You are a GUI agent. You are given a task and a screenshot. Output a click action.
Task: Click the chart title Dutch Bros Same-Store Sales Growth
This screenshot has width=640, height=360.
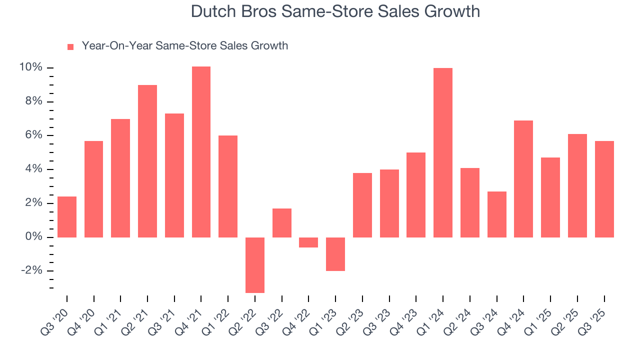coord(335,11)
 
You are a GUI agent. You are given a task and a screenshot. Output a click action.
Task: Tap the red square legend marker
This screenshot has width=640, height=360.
coord(70,46)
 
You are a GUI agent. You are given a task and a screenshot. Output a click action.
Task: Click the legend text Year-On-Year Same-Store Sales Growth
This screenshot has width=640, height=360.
coord(184,46)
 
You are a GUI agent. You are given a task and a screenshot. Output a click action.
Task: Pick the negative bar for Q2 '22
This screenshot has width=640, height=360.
coord(255,264)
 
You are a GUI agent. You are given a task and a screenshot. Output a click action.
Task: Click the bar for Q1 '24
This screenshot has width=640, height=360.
coord(443,152)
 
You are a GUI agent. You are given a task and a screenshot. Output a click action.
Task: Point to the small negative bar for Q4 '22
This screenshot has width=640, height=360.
coord(308,242)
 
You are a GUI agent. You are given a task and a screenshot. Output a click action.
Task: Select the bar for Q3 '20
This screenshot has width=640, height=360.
coord(67,216)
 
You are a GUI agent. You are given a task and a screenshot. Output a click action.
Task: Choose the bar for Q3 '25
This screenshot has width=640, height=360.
coord(604,189)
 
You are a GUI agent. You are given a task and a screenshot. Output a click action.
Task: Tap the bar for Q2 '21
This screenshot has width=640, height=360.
coord(147,161)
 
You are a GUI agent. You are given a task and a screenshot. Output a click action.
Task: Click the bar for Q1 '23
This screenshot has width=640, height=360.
coord(335,254)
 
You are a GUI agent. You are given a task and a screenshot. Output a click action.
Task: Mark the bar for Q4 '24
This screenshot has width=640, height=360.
coord(523,178)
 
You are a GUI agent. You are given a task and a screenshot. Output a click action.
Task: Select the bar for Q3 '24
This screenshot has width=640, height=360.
coord(496,214)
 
